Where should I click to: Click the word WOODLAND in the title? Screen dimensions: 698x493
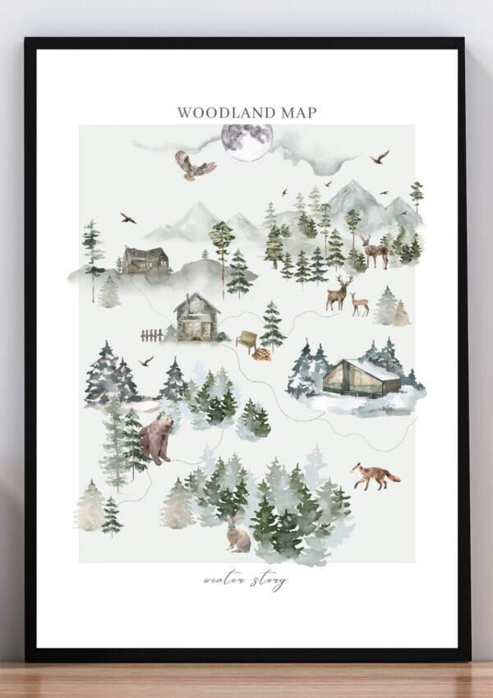point(219,113)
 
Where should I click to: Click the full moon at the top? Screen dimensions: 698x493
point(246,141)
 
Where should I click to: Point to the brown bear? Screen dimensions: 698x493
point(156,438)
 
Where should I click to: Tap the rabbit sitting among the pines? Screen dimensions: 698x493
point(237,533)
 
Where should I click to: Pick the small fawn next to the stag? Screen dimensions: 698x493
point(360,305)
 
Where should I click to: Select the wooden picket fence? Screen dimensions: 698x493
point(152,335)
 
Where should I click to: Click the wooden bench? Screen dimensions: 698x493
point(246,340)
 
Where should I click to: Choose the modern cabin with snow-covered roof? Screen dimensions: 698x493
point(362,378)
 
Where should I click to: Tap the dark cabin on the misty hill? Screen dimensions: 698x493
point(146,260)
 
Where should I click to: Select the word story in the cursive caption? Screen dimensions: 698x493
point(270,582)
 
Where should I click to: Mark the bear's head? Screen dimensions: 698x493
point(167,422)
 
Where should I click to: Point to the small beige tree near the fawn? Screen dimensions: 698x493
point(401,314)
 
